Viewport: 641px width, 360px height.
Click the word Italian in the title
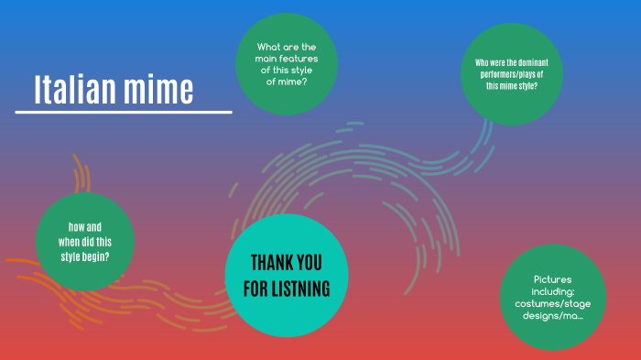(76, 89)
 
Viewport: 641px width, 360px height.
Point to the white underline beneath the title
(124, 113)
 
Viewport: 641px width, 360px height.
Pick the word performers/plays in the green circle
(511, 74)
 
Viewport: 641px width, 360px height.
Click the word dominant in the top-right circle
(540, 62)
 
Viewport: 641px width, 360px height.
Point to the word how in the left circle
(78, 227)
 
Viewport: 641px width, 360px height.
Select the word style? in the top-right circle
(524, 85)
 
